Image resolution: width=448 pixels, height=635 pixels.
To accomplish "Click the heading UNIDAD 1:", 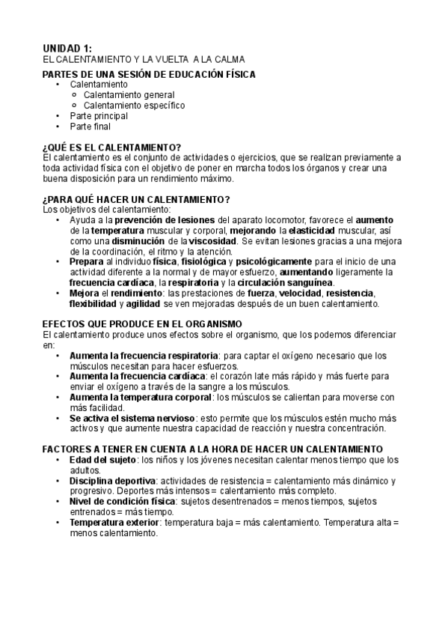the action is (x=67, y=48).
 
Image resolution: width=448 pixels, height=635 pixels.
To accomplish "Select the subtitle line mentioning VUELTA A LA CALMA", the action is (x=144, y=59).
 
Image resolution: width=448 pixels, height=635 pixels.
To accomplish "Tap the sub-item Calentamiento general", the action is (x=129, y=95).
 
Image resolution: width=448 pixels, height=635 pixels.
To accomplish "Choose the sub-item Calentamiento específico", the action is (x=134, y=106).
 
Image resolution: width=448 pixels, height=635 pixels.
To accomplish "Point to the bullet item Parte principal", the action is (x=99, y=116).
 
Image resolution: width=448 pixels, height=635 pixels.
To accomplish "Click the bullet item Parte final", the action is (x=90, y=127).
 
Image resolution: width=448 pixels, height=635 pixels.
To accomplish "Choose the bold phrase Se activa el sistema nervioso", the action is (x=133, y=418).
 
